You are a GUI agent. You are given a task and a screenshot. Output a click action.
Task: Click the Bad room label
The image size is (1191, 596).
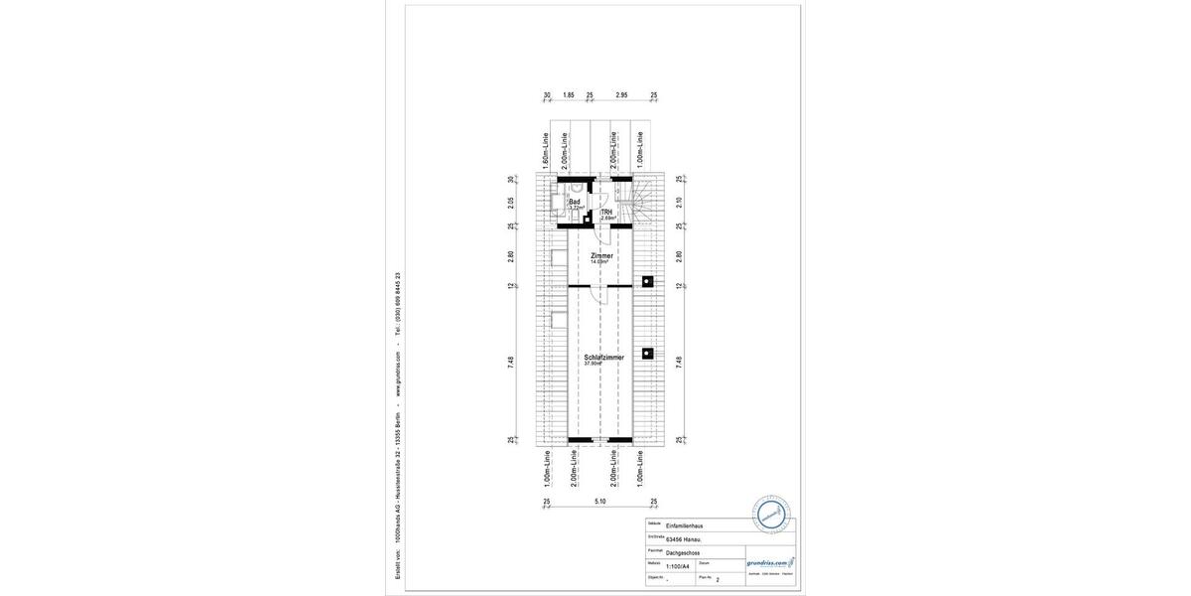pos(575,202)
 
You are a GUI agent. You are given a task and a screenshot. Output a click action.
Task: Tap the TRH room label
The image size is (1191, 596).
pos(606,214)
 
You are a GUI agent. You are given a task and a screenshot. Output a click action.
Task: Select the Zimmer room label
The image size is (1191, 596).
pos(601,257)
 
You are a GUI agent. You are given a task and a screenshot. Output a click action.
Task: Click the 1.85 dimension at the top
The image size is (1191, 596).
pos(568,95)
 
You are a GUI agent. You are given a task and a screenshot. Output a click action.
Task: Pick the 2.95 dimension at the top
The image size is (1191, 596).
pos(621,95)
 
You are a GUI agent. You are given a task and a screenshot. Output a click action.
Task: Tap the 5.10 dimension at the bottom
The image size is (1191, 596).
pos(599,502)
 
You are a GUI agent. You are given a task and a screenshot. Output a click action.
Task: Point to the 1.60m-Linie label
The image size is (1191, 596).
pos(546,148)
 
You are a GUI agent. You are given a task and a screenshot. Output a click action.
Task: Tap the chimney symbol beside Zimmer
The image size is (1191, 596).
pos(647,281)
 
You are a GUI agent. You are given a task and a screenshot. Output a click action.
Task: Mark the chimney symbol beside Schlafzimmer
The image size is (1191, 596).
pos(647,353)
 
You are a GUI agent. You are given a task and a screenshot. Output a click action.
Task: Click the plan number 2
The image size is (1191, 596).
pos(718,577)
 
